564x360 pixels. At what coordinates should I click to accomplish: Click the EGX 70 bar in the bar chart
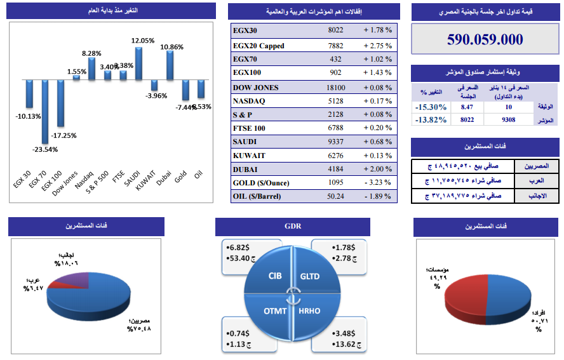(44, 111)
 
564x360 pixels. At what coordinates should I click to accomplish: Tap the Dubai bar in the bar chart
(170, 65)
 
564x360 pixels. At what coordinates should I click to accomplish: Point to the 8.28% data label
(91, 53)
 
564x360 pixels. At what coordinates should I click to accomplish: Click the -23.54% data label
(44, 150)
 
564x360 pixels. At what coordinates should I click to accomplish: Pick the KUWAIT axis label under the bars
(146, 182)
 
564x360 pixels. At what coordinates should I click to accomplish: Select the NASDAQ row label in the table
(248, 101)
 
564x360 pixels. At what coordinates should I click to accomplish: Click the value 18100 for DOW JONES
(336, 88)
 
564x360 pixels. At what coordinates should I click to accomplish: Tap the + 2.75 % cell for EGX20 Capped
(377, 46)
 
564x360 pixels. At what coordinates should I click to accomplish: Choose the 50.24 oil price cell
(336, 196)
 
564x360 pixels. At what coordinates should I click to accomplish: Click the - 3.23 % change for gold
(377, 183)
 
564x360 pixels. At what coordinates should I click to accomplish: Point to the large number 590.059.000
(485, 39)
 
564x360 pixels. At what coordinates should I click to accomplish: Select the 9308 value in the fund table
(508, 119)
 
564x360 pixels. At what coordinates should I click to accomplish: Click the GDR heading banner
(293, 226)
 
